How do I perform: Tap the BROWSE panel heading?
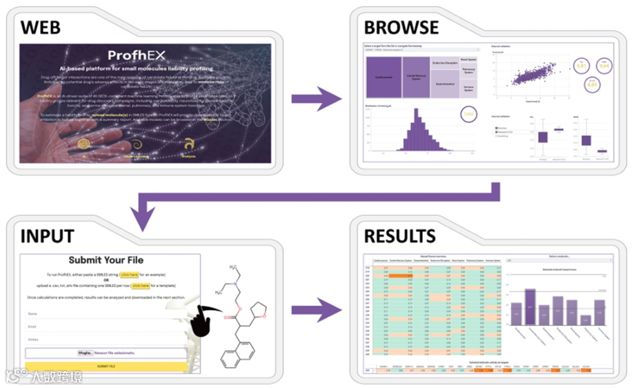click(x=402, y=27)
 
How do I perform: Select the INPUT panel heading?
click(x=48, y=236)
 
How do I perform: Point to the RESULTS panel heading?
click(x=400, y=236)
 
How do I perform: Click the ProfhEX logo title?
click(x=136, y=56)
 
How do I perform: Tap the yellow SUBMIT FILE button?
click(x=106, y=366)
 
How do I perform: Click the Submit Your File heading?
click(x=106, y=260)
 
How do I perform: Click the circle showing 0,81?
click(x=565, y=66)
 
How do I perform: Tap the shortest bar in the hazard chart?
click(x=585, y=320)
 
